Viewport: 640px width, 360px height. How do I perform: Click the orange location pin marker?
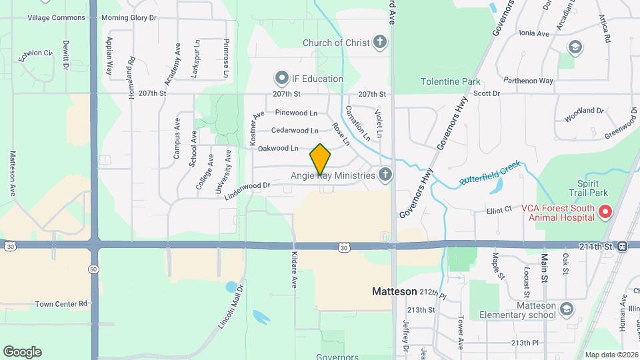coord(321,159)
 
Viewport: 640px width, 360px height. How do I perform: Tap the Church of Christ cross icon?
coord(379,43)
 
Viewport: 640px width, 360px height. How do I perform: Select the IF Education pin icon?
coord(281,79)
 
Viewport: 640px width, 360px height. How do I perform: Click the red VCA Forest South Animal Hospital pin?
coord(605,213)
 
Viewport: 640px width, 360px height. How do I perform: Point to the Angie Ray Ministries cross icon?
coord(385,175)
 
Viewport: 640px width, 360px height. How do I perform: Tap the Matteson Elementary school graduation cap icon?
coord(566,309)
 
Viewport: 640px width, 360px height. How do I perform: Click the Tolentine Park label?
coord(450,82)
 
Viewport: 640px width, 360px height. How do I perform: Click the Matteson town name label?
coord(394,292)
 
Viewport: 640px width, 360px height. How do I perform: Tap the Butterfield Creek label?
coord(489,173)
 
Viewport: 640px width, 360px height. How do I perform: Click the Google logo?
coord(22,351)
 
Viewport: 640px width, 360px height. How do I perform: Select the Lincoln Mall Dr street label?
coord(232,306)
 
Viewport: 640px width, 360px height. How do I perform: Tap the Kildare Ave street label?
coord(293,269)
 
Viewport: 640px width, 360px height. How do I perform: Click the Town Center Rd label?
coord(61,303)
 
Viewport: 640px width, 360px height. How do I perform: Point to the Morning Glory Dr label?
coord(128,17)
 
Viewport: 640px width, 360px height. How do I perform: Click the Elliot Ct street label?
coord(499,209)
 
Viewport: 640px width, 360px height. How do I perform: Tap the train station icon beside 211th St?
coord(622,246)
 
